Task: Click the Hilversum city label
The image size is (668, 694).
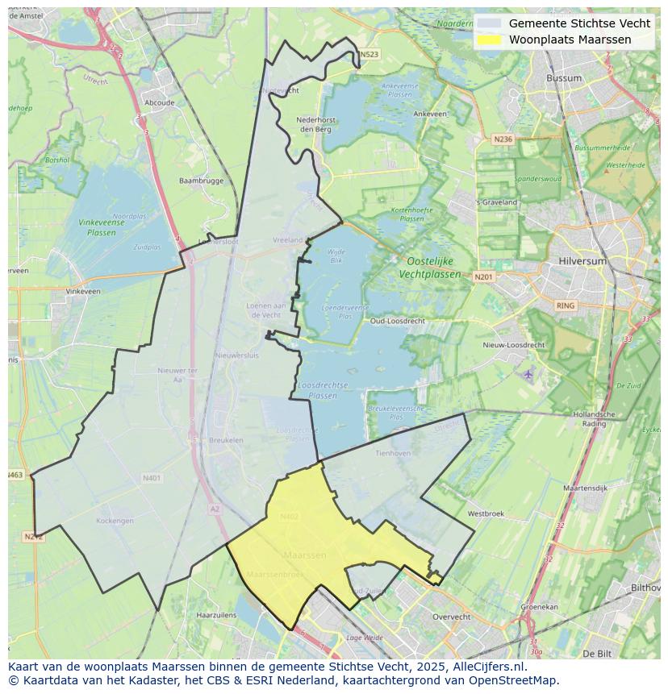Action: coord(582,262)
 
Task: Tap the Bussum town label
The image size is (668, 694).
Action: coord(563,78)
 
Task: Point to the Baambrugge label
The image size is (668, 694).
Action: coord(201,181)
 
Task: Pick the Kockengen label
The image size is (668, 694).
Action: coord(115,521)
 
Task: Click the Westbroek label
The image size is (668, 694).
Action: coord(486,513)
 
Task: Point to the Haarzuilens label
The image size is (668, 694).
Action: coord(215,614)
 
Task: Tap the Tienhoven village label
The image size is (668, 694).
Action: coord(393,453)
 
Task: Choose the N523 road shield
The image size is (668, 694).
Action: coord(369,55)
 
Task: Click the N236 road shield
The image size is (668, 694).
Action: coord(503,139)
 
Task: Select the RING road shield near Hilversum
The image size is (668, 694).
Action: coord(566,305)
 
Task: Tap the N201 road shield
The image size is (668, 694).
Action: coord(483,277)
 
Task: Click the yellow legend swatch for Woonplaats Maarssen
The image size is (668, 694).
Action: coord(489,39)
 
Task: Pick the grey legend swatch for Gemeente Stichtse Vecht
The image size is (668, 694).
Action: coord(489,24)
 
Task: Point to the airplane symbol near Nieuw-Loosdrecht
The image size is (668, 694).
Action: coord(528,374)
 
